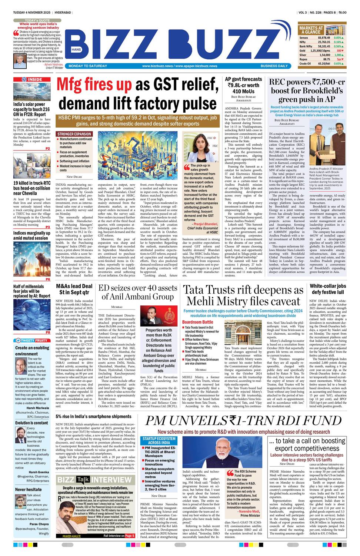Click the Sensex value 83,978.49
pyautogui.click(x=324, y=37)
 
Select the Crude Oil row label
pyautogui.click(x=305, y=63)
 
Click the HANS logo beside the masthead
pyautogui.click(x=76, y=49)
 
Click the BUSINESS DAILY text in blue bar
pyautogui.click(x=274, y=66)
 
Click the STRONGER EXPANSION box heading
pyautogui.click(x=74, y=134)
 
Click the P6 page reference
pyautogui.click(x=48, y=279)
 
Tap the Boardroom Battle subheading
pyautogui.click(x=198, y=322)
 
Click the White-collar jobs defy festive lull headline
pyautogui.click(x=328, y=289)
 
